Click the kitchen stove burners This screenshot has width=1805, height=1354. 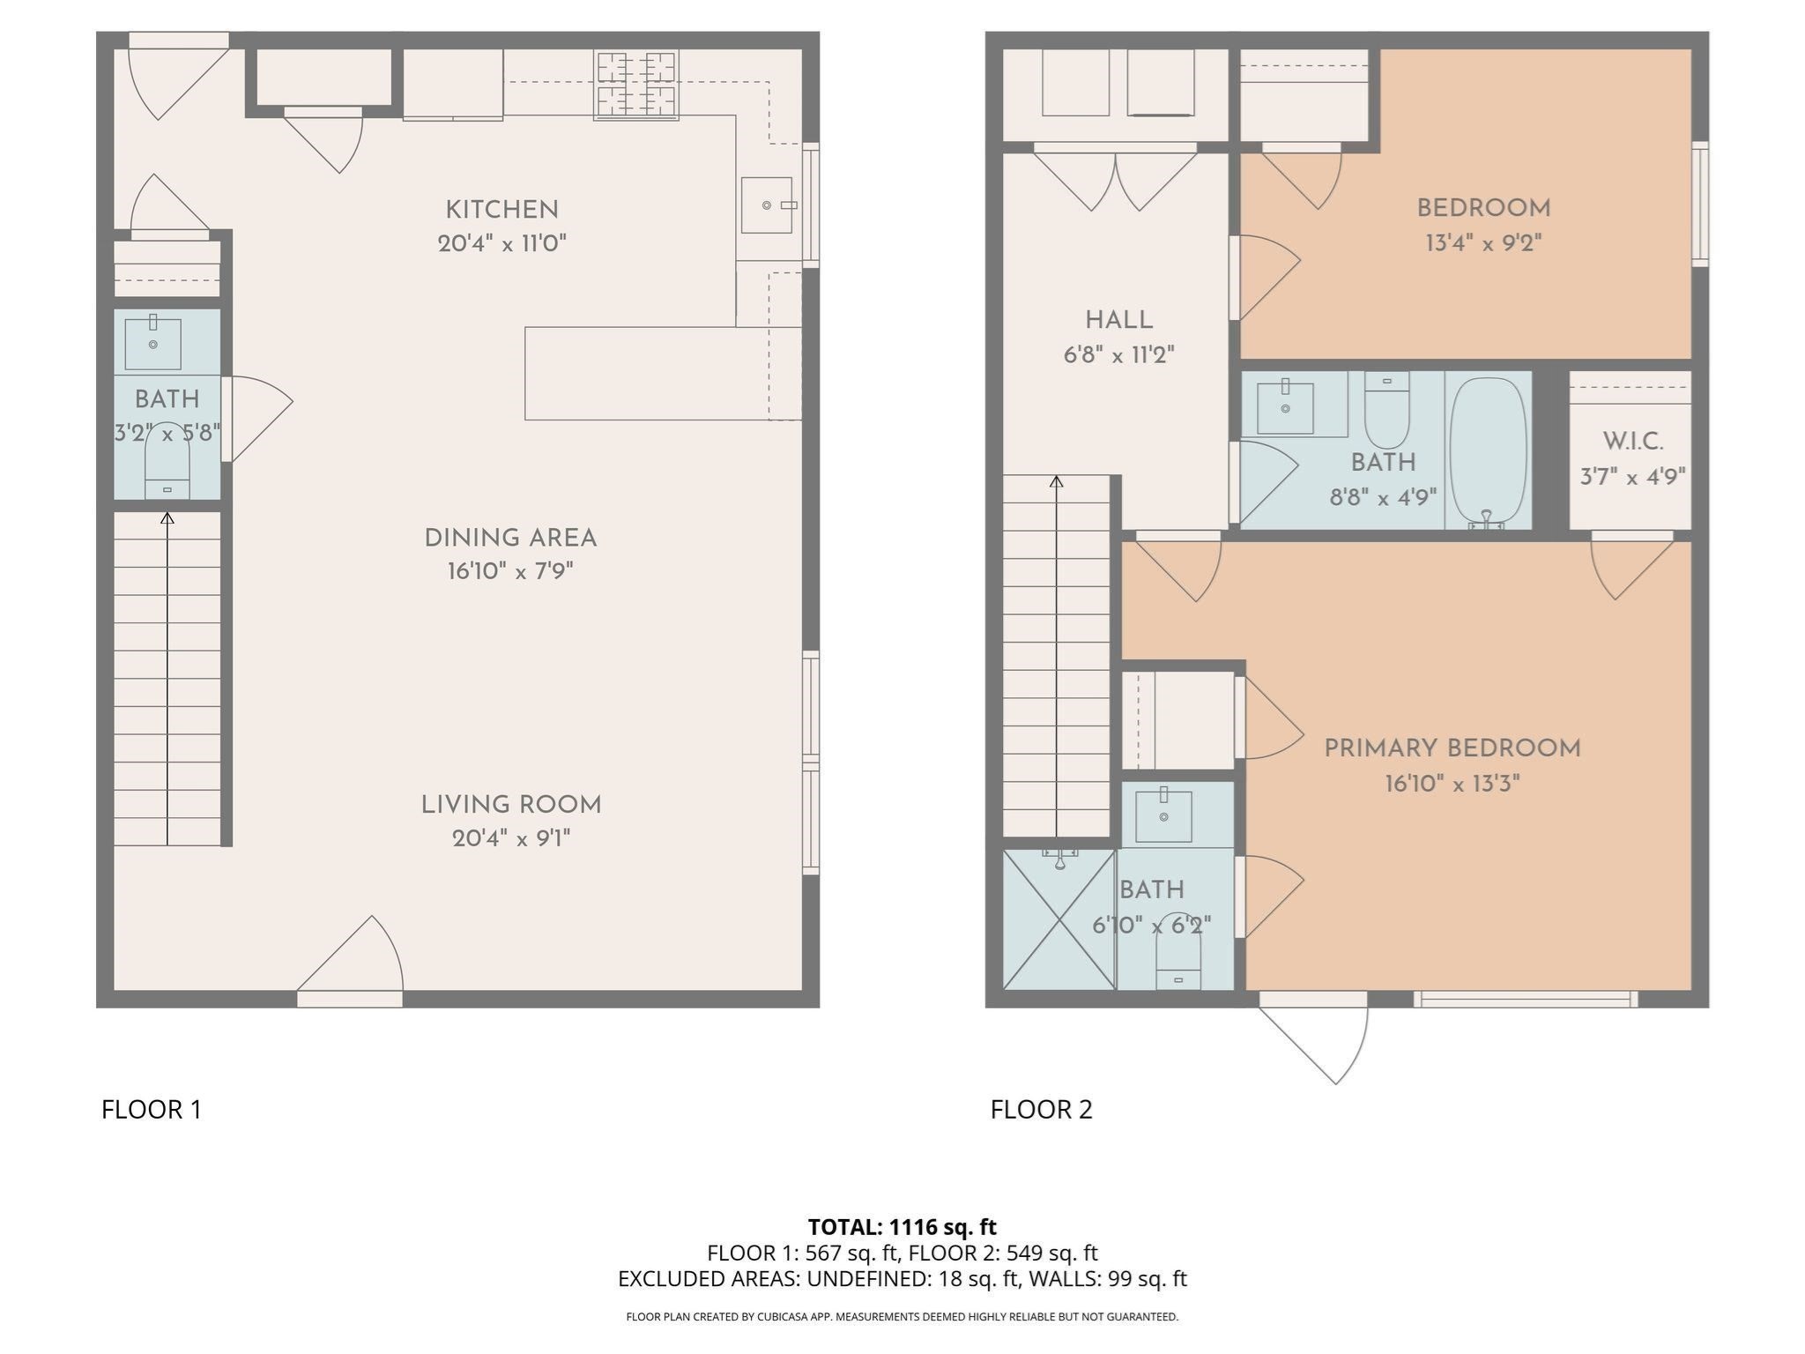[x=636, y=85]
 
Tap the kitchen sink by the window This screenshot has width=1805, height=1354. [x=766, y=205]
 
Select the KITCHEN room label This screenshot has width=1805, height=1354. [x=501, y=210]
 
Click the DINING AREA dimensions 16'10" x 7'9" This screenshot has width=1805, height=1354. [x=510, y=571]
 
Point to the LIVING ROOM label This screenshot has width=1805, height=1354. [x=510, y=805]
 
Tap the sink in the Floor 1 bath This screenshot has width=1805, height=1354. [x=152, y=344]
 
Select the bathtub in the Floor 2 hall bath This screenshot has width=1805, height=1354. [x=1488, y=451]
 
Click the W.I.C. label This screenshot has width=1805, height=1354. [x=1632, y=442]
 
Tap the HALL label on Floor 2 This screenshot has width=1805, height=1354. [x=1118, y=320]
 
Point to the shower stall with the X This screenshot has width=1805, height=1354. [x=1059, y=919]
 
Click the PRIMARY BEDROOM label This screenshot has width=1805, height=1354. [x=1452, y=748]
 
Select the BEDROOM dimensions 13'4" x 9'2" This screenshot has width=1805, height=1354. [x=1483, y=242]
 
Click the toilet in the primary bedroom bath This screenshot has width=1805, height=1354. [x=1178, y=961]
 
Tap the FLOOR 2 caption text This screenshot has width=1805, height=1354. [x=1041, y=1109]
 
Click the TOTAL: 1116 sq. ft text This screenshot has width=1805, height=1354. [x=902, y=1226]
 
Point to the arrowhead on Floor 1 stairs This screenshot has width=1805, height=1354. [x=167, y=518]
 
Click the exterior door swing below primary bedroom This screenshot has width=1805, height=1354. [x=1322, y=1040]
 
